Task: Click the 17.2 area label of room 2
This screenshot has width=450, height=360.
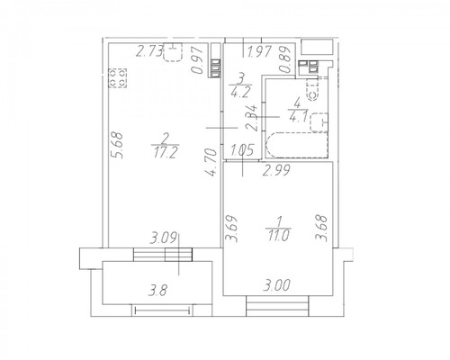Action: tap(166, 153)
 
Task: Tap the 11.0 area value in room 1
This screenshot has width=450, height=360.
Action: tap(279, 236)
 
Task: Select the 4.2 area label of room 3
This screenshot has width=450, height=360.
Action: tap(240, 92)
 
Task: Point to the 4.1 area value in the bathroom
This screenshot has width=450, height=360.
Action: tap(298, 116)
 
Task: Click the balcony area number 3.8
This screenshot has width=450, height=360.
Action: tap(158, 291)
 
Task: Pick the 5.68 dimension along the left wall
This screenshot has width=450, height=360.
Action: tap(117, 145)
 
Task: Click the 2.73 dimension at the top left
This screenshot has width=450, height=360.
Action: tap(149, 50)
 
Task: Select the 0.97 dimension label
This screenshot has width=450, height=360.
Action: tap(198, 60)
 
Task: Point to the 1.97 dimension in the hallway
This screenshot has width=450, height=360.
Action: tap(259, 50)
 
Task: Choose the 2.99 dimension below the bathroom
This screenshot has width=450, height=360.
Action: tap(276, 170)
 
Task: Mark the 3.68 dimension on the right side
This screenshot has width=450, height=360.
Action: tap(320, 228)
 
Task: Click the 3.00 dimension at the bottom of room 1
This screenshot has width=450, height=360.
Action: tap(277, 284)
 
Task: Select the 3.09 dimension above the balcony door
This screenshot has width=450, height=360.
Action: tap(164, 238)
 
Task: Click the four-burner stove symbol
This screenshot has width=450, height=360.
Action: tap(117, 78)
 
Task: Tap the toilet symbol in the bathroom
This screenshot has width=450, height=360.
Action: tap(312, 90)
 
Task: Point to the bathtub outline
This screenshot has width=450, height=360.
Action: tap(296, 145)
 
